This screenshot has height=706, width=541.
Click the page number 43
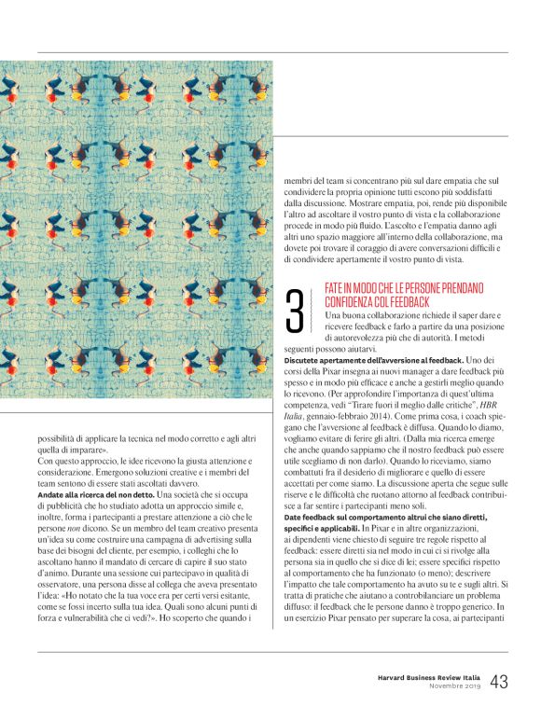pyautogui.click(x=499, y=682)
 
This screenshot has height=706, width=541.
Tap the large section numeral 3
pyautogui.click(x=295, y=311)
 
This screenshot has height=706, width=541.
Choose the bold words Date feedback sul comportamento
pyautogui.click(x=351, y=517)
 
